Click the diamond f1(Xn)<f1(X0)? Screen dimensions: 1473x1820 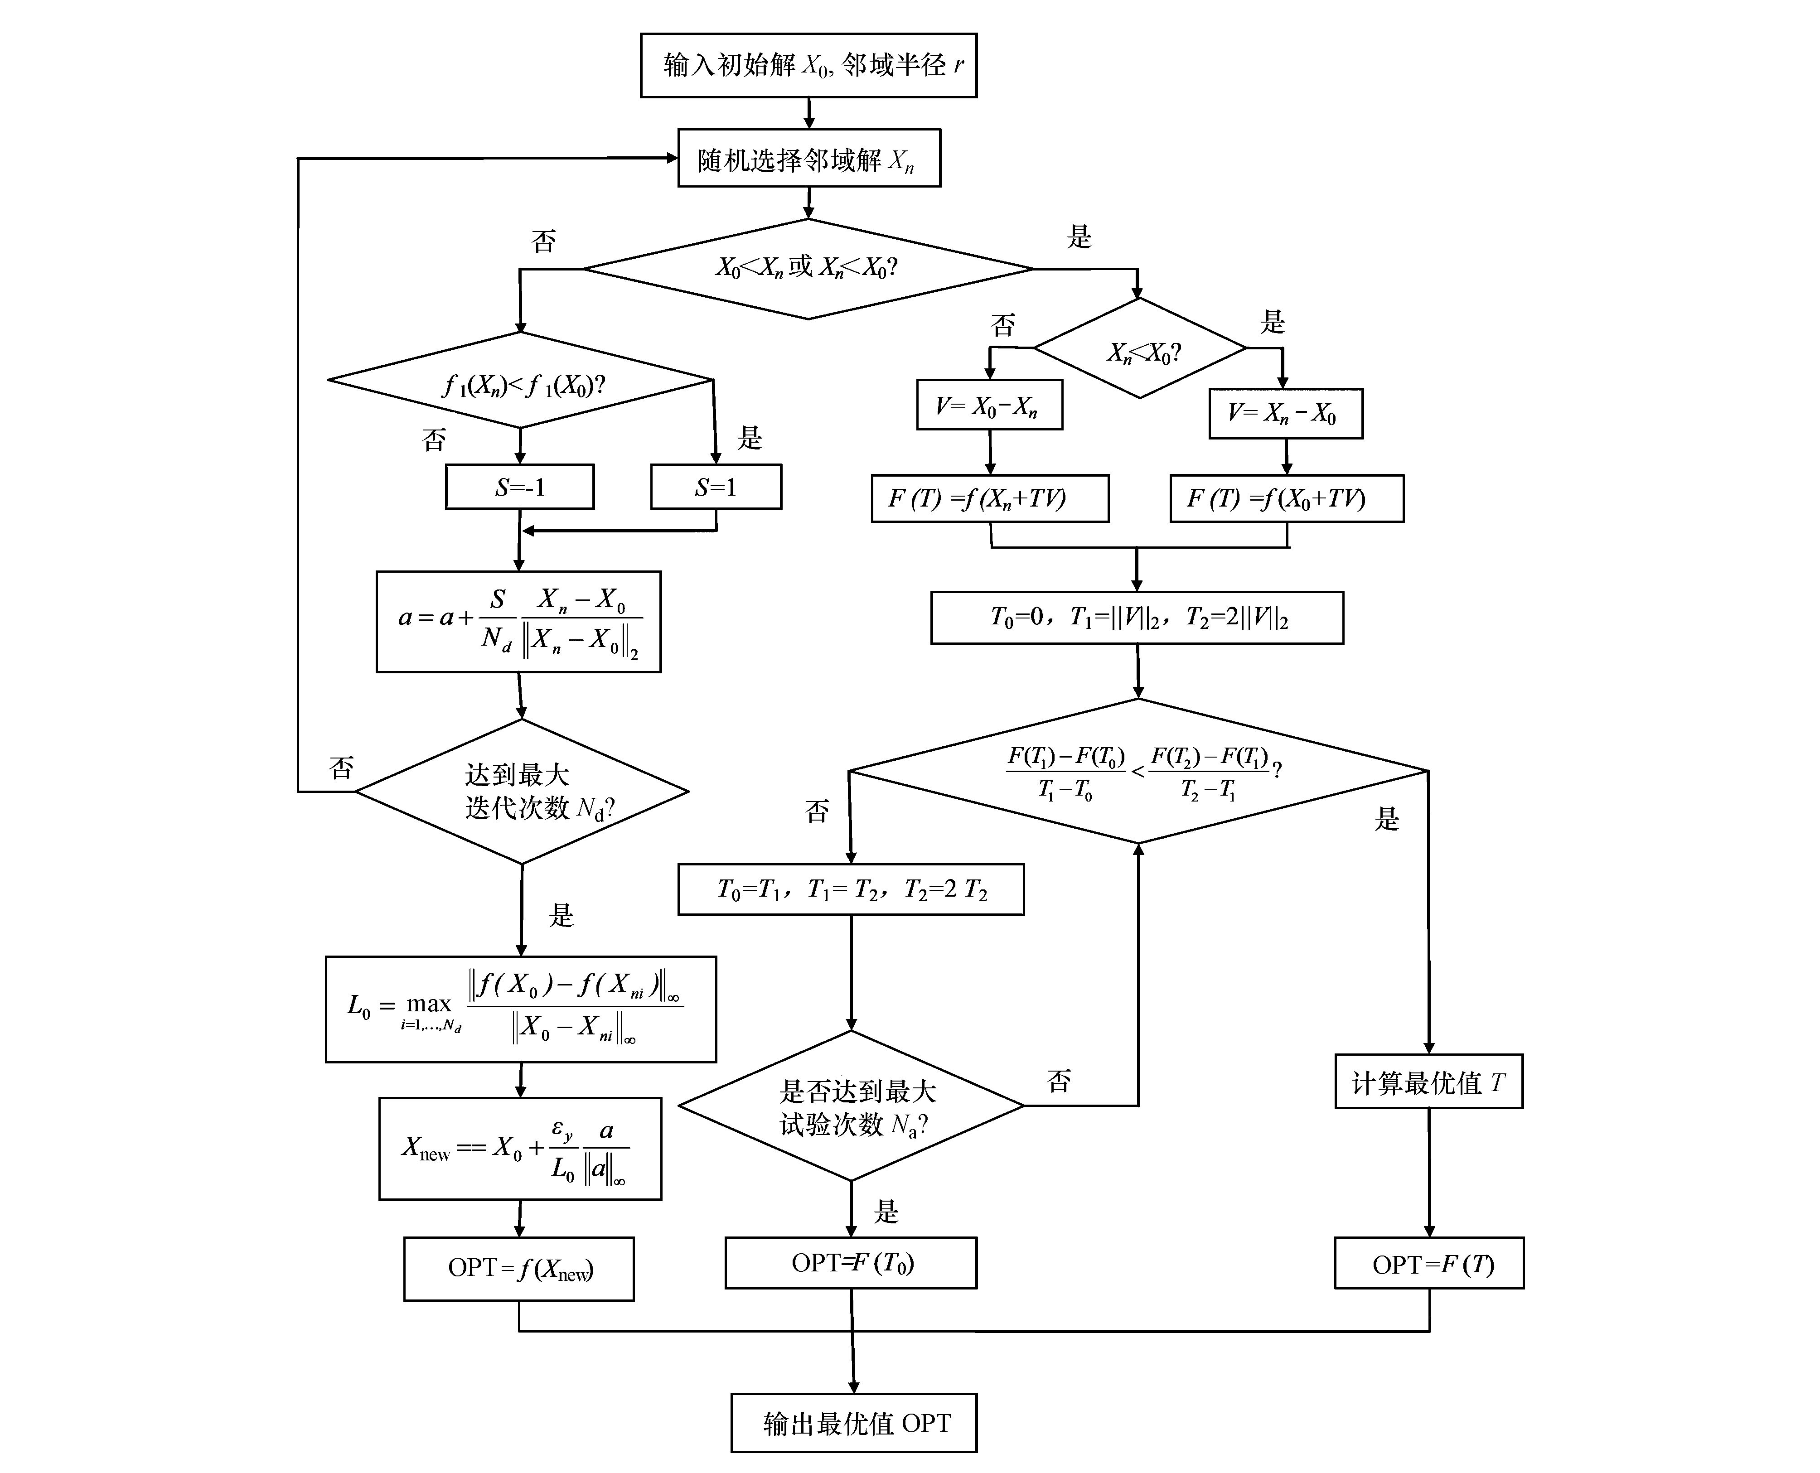click(x=520, y=381)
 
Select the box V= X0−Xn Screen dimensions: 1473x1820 click(x=989, y=405)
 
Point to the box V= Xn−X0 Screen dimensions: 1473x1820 click(x=1285, y=413)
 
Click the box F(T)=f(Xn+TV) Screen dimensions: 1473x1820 click(x=989, y=498)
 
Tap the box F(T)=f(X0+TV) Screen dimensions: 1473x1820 click(x=1286, y=498)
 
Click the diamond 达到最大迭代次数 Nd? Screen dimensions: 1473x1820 click(x=522, y=792)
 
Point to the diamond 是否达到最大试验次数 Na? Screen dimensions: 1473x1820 click(x=851, y=1106)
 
